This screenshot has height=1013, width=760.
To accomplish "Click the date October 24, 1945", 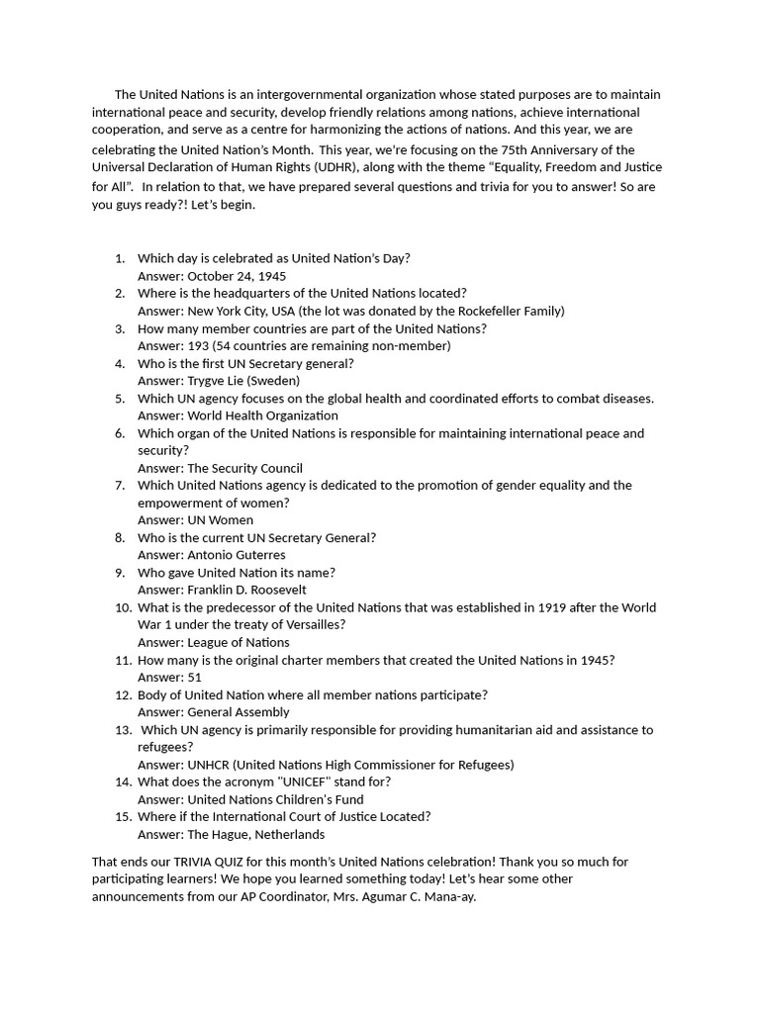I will pyautogui.click(x=237, y=276).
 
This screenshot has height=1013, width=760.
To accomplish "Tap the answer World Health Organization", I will pyautogui.click(x=262, y=415).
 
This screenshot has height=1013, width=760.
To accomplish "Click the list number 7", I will pyautogui.click(x=120, y=485).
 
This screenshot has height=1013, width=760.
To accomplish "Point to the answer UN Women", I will pyautogui.click(x=220, y=519).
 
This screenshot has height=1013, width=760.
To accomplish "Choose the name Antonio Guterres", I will pyautogui.click(x=236, y=555).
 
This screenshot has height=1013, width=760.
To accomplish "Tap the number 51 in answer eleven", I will pyautogui.click(x=194, y=677).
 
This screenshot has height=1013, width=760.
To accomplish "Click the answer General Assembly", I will pyautogui.click(x=237, y=711).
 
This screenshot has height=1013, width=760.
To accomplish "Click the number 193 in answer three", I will pyautogui.click(x=198, y=345).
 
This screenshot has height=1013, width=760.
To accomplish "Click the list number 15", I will pyautogui.click(x=122, y=816).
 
